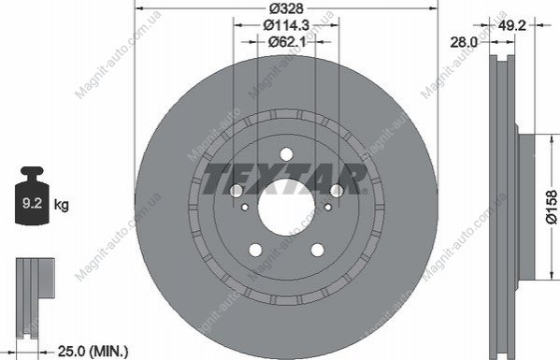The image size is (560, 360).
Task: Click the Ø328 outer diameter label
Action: [x=286, y=7]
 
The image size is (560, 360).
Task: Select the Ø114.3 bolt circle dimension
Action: [x=286, y=25]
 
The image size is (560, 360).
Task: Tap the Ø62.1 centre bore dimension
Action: [x=287, y=42]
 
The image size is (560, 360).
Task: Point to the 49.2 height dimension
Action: [x=511, y=25]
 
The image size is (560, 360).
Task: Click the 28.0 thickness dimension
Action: [x=464, y=42]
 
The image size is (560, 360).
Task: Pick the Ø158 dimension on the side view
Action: [x=552, y=207]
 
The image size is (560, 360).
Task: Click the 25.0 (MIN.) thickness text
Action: [x=93, y=352]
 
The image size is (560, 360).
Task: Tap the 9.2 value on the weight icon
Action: [x=32, y=203]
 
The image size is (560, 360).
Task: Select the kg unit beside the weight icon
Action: [x=61, y=206]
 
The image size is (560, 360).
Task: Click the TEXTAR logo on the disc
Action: [x=285, y=179]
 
